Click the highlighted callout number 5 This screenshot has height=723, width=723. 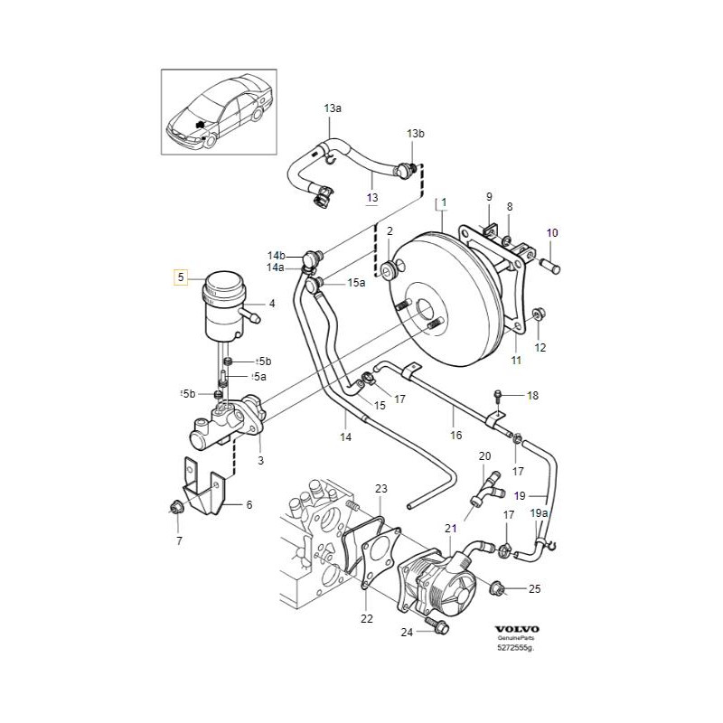[x=182, y=277]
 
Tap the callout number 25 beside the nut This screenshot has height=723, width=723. [x=534, y=589]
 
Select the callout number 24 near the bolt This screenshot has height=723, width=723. [x=407, y=633]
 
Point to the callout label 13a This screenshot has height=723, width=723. [x=333, y=108]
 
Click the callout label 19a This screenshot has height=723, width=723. [x=539, y=513]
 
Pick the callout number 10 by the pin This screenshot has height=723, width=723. [x=552, y=233]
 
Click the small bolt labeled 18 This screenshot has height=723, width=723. [x=499, y=394]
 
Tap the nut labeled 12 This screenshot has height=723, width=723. [x=536, y=315]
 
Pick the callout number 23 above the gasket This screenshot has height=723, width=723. [x=381, y=489]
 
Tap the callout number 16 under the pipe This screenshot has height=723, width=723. [x=455, y=435]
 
